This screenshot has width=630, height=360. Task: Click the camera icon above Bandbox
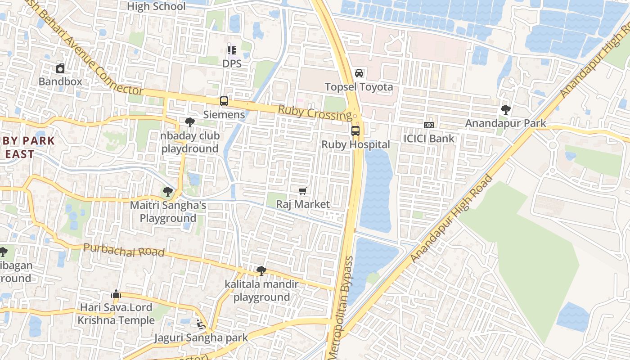[x=60, y=68]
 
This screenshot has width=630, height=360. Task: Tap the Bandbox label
[x=60, y=81]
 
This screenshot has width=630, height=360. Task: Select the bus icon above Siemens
[x=224, y=101]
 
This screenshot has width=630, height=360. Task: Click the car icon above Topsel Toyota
[x=359, y=73]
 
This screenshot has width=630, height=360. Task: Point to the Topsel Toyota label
[x=359, y=87]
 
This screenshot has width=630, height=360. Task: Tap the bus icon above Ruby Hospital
[x=355, y=131]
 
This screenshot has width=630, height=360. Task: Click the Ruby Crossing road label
[x=315, y=113]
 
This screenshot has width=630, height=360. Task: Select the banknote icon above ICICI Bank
[x=429, y=125]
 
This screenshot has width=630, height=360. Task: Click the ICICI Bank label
[x=429, y=139]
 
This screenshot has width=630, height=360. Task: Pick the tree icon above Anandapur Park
[x=505, y=109]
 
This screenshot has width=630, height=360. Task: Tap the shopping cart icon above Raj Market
[x=303, y=191]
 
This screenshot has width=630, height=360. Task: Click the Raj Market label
[x=303, y=204]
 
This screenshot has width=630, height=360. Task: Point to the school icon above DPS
[x=232, y=50]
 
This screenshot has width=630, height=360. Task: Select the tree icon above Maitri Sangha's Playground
[x=168, y=192]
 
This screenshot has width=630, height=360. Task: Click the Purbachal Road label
[x=124, y=251]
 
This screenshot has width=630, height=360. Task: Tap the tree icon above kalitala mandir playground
[x=261, y=271]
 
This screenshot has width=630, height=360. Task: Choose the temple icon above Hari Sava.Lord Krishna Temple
[x=116, y=294]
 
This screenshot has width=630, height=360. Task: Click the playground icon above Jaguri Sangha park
[x=201, y=324]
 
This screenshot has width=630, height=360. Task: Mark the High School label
[x=156, y=6]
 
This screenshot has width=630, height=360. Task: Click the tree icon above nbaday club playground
[x=190, y=122]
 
